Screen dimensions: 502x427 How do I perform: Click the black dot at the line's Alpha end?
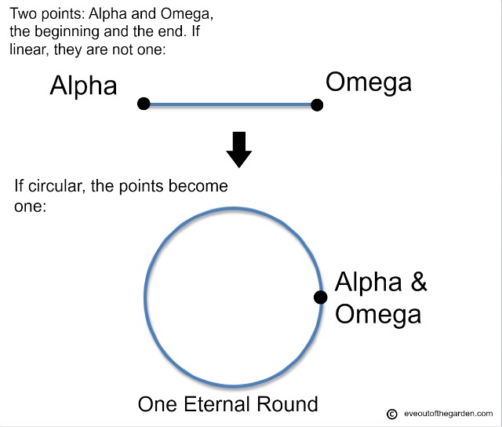click(x=144, y=104)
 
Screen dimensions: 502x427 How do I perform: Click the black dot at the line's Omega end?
click(x=317, y=104)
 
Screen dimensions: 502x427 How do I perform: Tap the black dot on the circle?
click(x=321, y=297)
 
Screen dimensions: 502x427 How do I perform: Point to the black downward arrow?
click(x=238, y=150)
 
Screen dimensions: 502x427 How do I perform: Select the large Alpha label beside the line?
click(x=83, y=86)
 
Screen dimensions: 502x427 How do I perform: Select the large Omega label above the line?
click(x=369, y=82)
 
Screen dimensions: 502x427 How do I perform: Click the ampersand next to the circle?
click(x=418, y=282)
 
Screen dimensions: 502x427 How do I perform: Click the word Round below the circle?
click(x=287, y=404)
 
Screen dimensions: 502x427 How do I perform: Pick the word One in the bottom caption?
click(x=157, y=404)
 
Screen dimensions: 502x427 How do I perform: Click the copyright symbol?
click(x=392, y=414)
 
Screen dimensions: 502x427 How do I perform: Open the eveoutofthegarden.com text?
click(x=448, y=414)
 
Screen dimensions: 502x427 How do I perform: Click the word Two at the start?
click(x=24, y=14)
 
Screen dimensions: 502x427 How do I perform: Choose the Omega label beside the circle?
click(x=378, y=314)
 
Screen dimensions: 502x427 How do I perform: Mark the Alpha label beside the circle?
click(x=368, y=282)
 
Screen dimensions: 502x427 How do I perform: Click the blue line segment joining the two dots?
click(x=230, y=104)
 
